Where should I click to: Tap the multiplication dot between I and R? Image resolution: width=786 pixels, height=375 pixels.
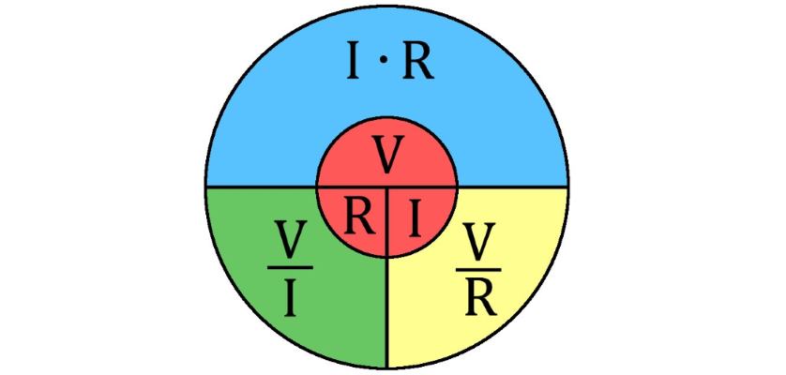click(x=383, y=60)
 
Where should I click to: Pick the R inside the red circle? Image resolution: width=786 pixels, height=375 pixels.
click(x=359, y=216)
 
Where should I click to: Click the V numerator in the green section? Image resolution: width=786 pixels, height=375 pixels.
click(x=290, y=241)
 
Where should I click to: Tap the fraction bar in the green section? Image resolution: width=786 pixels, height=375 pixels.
click(x=290, y=268)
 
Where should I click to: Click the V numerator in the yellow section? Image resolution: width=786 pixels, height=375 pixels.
click(x=478, y=242)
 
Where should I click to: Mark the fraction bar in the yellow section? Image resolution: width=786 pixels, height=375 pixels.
click(x=478, y=269)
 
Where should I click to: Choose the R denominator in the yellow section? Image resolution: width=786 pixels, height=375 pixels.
click(x=480, y=299)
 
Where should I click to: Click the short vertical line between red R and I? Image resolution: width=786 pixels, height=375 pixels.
click(x=387, y=222)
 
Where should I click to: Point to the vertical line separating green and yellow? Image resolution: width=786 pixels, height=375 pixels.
click(x=387, y=312)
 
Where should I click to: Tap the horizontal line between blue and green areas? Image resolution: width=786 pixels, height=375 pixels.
click(x=261, y=187)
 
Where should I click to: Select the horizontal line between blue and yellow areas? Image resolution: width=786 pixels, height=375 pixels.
click(x=512, y=187)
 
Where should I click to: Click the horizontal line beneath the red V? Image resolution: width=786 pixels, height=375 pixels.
click(x=387, y=187)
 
